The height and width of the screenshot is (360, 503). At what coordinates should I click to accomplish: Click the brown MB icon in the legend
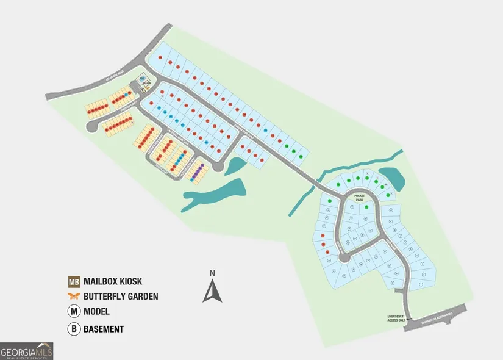coord(74,282)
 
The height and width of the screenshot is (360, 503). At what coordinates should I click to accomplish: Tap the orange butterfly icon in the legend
coord(74,297)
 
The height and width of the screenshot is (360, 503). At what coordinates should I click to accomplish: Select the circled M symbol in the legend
coord(74,312)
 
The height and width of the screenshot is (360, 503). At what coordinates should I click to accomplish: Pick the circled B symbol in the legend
coord(74,329)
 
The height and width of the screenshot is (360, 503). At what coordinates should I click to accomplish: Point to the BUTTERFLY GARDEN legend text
coord(121,297)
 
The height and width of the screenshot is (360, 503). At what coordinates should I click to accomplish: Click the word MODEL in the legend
coord(96,312)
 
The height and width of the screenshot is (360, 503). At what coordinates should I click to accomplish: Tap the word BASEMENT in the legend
coord(103,329)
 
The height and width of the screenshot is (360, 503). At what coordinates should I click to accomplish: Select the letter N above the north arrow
coord(212,273)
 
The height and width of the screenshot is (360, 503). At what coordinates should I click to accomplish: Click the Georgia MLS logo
coord(27,351)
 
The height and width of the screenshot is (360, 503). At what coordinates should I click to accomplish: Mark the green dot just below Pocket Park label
coord(366,207)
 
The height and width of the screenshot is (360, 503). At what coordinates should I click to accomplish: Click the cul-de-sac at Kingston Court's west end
coord(92,126)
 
